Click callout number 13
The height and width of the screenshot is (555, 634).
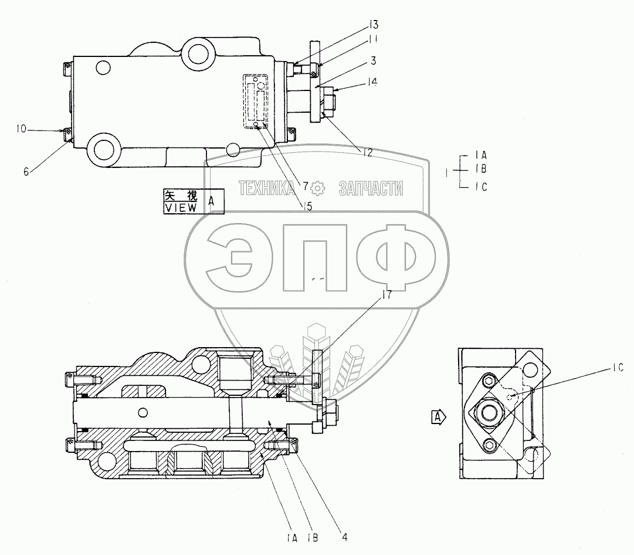pos(374,25)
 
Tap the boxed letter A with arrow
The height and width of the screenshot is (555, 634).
pos(438,418)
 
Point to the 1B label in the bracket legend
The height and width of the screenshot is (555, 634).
pos(481,169)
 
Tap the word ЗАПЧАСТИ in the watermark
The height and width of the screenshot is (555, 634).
pos(371,188)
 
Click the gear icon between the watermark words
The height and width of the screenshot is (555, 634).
pos(317,188)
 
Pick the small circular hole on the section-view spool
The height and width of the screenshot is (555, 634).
pos(142,410)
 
